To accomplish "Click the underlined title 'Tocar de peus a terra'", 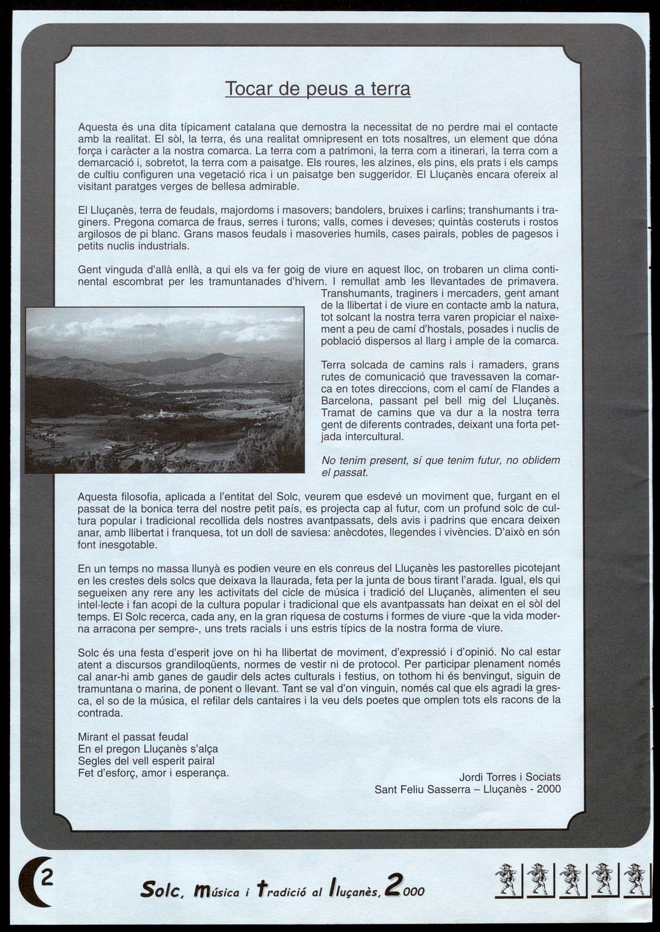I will [x=318, y=89].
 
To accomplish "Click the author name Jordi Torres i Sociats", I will [x=510, y=776].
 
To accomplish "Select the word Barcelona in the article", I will [x=346, y=401].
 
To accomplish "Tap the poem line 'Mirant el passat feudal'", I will [x=133, y=736].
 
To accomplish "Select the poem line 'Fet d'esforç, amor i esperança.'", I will [x=153, y=772].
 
